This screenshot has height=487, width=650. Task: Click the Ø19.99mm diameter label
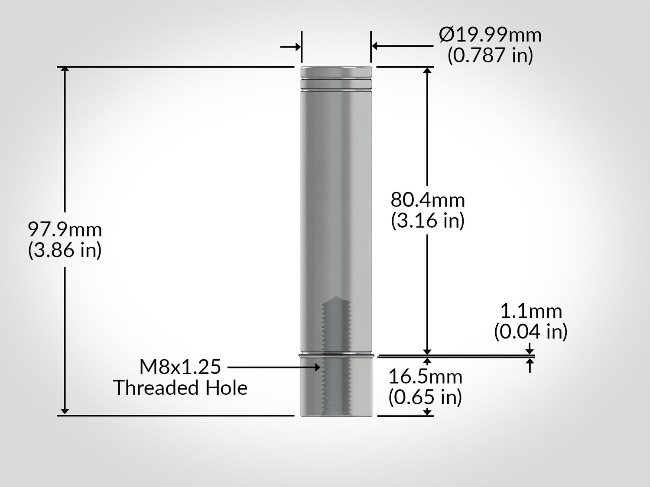pos(490,35)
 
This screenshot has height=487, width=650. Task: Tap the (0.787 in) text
pos(490,55)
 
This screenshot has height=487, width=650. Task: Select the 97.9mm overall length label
pos(65,230)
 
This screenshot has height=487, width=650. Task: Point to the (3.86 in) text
pos(65,250)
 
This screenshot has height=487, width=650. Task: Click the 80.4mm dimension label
pos(428,200)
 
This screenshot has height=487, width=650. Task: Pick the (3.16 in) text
pos(428,221)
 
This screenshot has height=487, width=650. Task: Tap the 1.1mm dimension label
pos(531,311)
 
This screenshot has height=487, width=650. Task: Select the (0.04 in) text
pos(531,332)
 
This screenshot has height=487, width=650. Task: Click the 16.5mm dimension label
pos(425,377)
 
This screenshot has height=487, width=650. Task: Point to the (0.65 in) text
pos(425,397)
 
